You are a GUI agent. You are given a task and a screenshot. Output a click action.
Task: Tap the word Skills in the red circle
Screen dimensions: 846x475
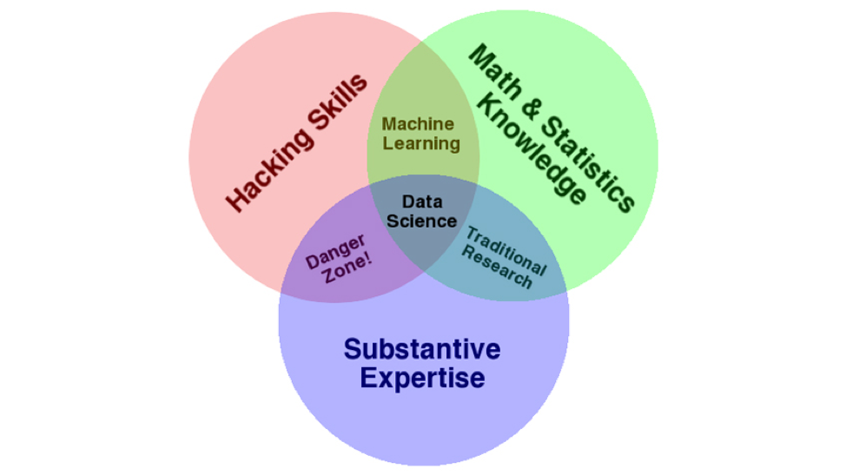coord(338,102)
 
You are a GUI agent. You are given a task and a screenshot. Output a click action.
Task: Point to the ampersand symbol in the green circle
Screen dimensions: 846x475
coord(531,109)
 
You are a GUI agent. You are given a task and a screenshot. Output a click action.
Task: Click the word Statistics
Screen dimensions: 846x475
coord(588,163)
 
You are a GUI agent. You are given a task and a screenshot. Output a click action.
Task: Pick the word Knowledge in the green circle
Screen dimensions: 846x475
coord(531,148)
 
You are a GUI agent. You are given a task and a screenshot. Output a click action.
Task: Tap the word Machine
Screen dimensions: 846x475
coord(418,124)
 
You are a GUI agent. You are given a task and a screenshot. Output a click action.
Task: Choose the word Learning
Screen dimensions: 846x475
coord(421,144)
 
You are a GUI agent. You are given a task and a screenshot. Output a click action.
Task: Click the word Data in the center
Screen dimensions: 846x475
coord(422,201)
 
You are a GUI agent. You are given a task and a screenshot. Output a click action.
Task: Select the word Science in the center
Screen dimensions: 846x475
coord(422,221)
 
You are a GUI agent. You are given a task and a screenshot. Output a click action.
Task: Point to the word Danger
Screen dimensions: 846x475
coord(335,251)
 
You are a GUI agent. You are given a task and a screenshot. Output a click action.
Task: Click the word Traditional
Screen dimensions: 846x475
coord(506,250)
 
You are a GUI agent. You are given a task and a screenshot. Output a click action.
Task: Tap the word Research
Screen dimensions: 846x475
coord(497,267)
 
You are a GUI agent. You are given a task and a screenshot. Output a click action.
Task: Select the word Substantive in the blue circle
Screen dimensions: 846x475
coord(422,349)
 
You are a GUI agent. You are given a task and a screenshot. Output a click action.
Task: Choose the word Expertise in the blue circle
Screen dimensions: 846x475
coord(422,378)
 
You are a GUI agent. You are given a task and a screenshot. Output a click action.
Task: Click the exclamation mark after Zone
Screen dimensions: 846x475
coord(368,259)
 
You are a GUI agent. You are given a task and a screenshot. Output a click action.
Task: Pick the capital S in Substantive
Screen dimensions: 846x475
coord(353,349)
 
